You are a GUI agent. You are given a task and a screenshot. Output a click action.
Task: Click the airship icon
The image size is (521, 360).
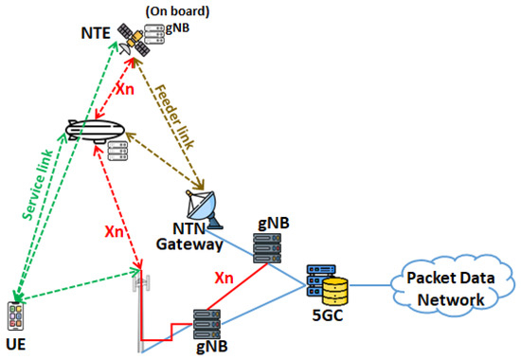(99, 130)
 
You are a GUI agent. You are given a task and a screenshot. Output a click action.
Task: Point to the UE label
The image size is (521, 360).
(16, 344)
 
